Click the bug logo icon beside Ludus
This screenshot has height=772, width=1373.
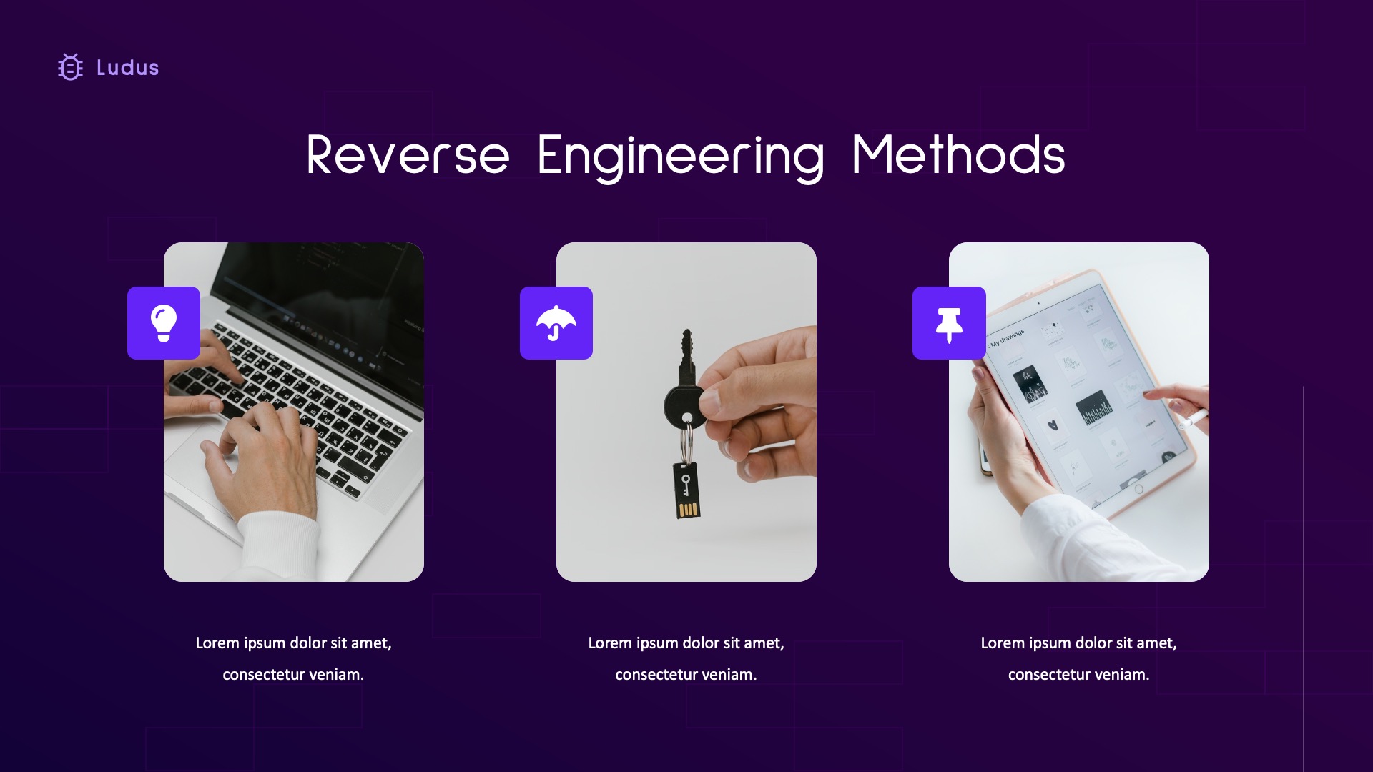[70, 68]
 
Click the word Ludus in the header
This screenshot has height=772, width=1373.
[127, 68]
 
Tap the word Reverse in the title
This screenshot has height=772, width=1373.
[408, 155]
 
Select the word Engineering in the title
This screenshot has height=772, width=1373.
[680, 155]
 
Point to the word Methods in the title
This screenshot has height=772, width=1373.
[958, 155]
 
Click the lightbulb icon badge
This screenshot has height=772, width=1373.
[164, 323]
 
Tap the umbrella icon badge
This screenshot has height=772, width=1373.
[556, 323]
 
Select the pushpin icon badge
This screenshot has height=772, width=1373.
[949, 323]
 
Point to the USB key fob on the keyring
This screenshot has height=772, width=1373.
[686, 490]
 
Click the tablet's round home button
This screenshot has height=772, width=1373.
[1138, 489]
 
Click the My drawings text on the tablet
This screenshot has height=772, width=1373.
[1008, 337]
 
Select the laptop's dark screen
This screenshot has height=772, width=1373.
[322, 286]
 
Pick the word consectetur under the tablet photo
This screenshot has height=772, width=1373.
[1048, 674]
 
